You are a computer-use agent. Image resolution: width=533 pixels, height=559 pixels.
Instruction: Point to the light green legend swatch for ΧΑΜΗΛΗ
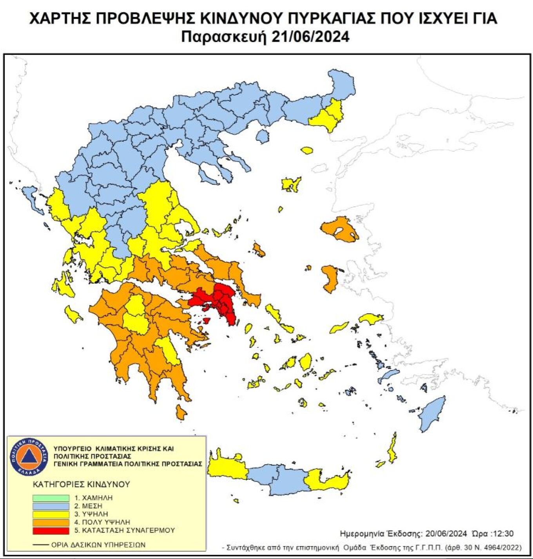pos(51,498)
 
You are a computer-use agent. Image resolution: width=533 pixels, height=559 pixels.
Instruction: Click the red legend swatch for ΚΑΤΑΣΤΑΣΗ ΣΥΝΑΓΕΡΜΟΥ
pos(51,530)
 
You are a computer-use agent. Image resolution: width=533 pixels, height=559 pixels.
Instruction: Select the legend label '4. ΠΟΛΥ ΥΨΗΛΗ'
pos(102,522)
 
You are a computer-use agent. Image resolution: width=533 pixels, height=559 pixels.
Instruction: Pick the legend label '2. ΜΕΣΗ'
pos(88,506)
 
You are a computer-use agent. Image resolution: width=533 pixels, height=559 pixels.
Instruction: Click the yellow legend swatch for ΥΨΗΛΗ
pos(51,514)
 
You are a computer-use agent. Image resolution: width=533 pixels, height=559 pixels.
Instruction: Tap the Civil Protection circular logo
pos(29,456)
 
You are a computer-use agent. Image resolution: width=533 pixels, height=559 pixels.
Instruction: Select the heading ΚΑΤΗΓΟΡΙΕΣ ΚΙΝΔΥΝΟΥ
pos(81,484)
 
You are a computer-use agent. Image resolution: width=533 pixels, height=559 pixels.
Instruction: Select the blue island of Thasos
pos(263,136)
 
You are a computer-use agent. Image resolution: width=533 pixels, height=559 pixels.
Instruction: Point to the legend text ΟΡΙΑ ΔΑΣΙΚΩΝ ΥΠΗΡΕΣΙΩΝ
pos(98,545)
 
